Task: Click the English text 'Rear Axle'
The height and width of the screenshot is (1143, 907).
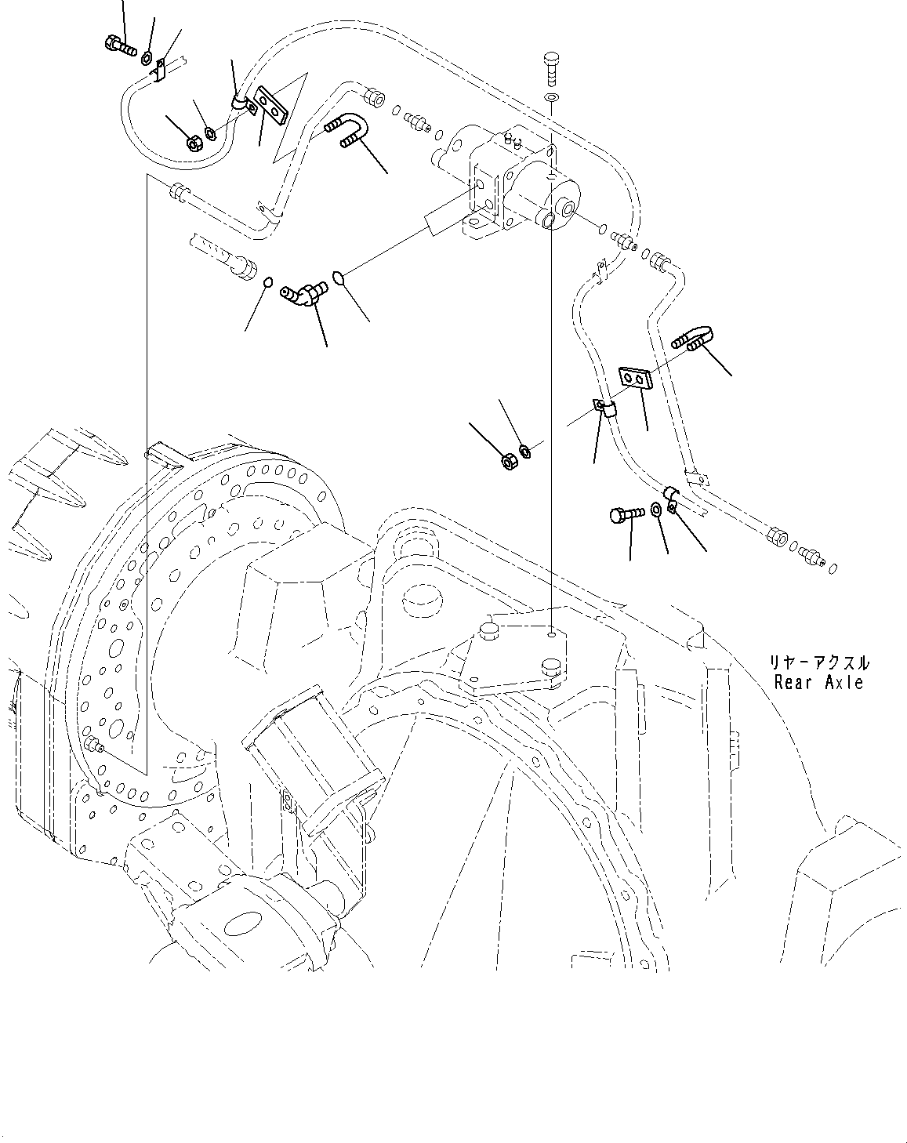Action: point(818,682)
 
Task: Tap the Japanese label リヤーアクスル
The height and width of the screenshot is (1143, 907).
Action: point(818,662)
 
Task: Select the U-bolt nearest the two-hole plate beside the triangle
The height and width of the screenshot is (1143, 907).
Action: point(342,129)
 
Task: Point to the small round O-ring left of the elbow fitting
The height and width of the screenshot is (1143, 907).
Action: point(267,283)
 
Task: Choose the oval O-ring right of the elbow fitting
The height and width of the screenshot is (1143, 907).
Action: point(338,277)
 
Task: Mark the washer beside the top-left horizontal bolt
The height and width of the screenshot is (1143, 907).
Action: point(147,57)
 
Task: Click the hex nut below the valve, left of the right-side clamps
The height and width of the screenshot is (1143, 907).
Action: point(507,459)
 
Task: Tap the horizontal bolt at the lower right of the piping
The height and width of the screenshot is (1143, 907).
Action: point(626,514)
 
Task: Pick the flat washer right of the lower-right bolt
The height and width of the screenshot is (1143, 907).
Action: point(655,511)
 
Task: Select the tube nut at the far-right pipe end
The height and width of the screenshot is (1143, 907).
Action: point(777,537)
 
